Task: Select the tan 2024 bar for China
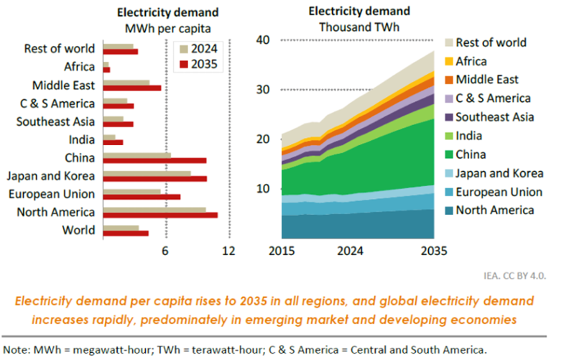coord(136,154)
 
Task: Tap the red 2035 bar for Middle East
coord(132,88)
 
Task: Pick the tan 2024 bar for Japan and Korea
coord(147,172)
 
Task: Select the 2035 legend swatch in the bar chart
coord(184,63)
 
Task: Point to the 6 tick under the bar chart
coord(165,251)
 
